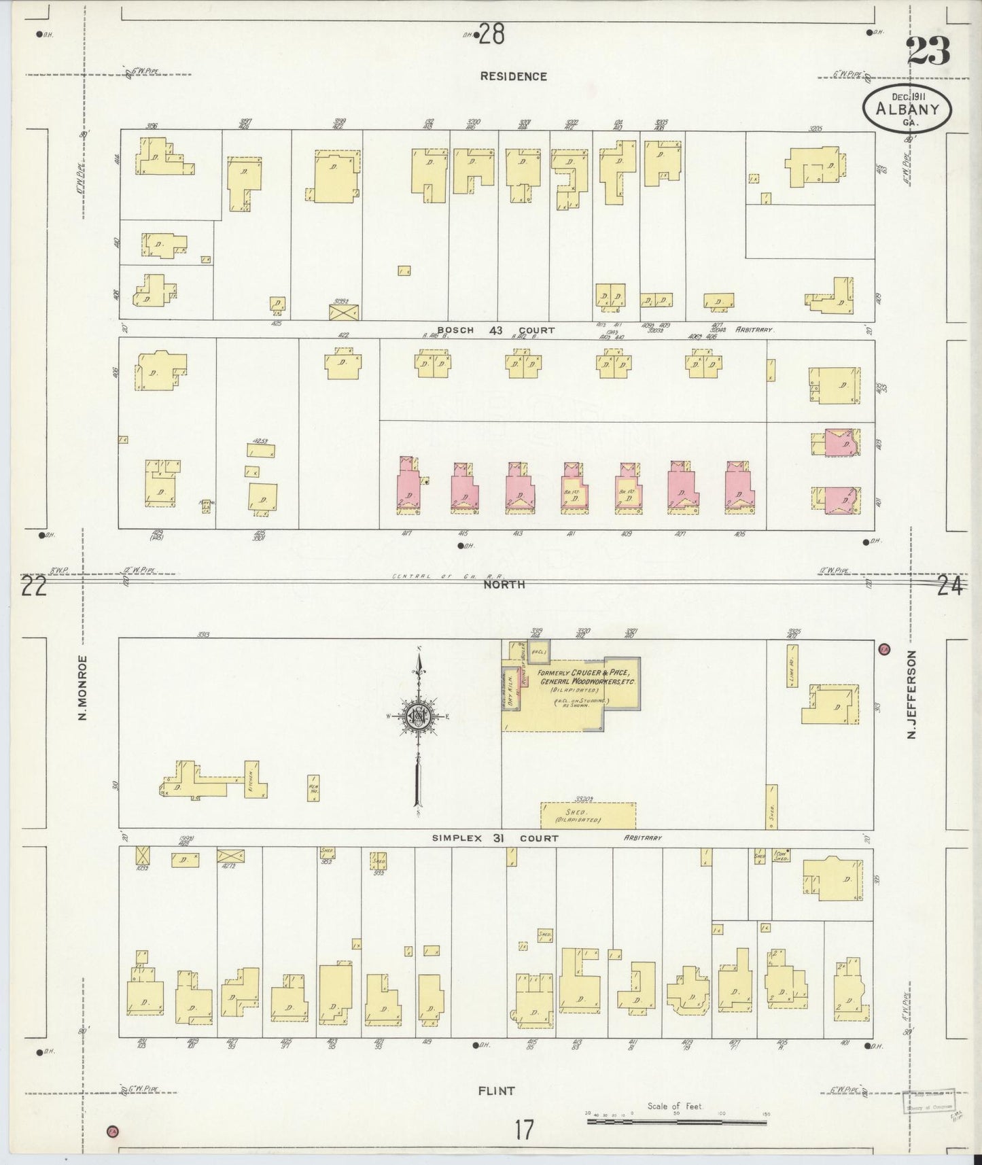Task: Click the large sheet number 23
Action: coord(928,51)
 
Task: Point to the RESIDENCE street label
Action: coord(513,77)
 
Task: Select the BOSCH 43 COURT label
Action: coord(495,330)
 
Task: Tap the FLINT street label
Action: coord(497,1090)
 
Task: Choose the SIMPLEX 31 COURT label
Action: coord(495,838)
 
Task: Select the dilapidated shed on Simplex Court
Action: coord(589,814)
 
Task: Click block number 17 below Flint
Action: coord(523,1130)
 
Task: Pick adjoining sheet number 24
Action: coord(949,586)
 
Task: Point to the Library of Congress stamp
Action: coord(928,1101)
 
